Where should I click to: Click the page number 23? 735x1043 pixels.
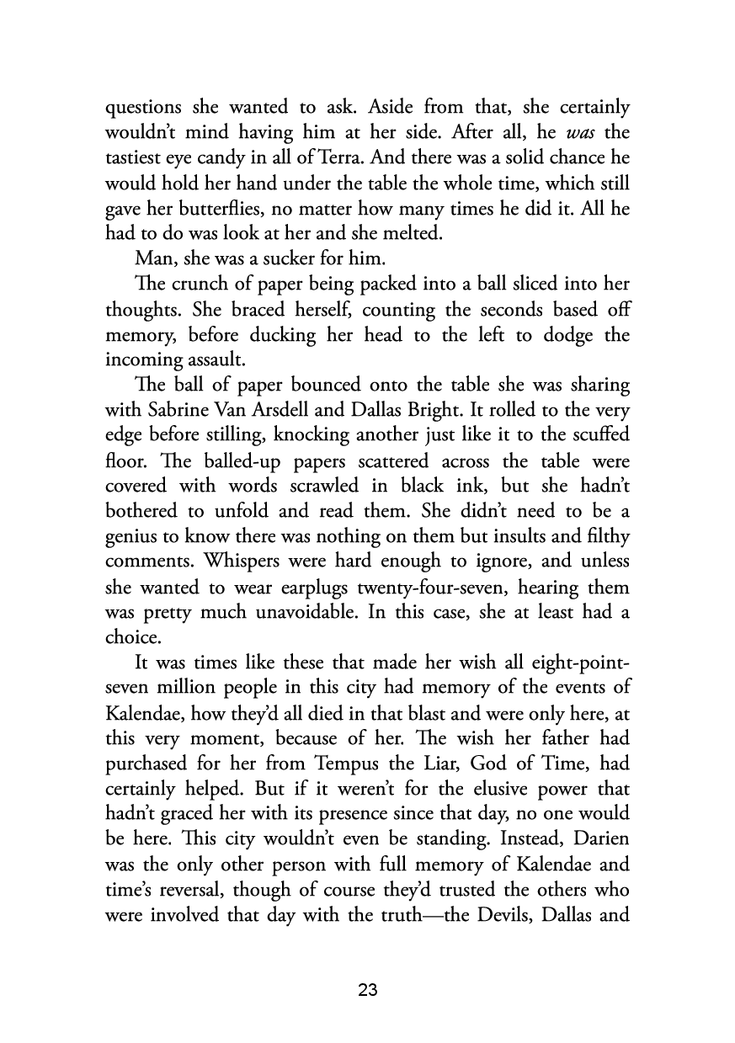(367, 991)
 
